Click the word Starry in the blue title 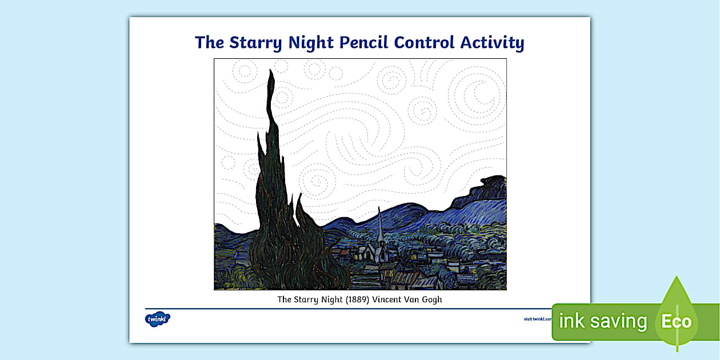(x=255, y=43)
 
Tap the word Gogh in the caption (x=431, y=299)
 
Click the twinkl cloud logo (x=158, y=318)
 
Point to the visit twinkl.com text (x=537, y=319)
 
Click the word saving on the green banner (x=619, y=321)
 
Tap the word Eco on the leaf (x=677, y=321)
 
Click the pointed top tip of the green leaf (x=677, y=278)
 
